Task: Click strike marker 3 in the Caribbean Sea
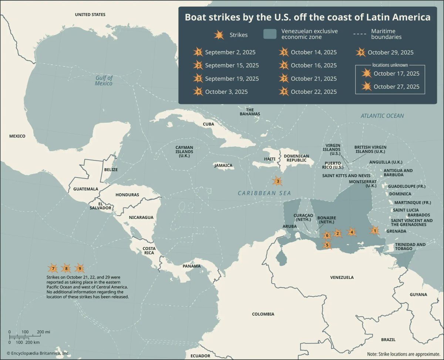277,181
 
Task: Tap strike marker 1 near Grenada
374,231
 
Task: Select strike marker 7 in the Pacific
53,268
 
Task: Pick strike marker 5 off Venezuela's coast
326,244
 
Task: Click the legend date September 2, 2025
230,52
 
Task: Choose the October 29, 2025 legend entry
390,52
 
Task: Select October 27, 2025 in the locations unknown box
396,86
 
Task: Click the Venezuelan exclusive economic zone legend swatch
270,34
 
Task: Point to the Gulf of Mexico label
104,80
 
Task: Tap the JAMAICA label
223,166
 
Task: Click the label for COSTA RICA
149,250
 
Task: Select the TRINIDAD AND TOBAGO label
410,246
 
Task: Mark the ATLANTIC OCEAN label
382,116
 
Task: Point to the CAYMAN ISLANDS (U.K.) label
184,151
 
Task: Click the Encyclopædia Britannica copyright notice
38,353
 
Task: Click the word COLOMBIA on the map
263,314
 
